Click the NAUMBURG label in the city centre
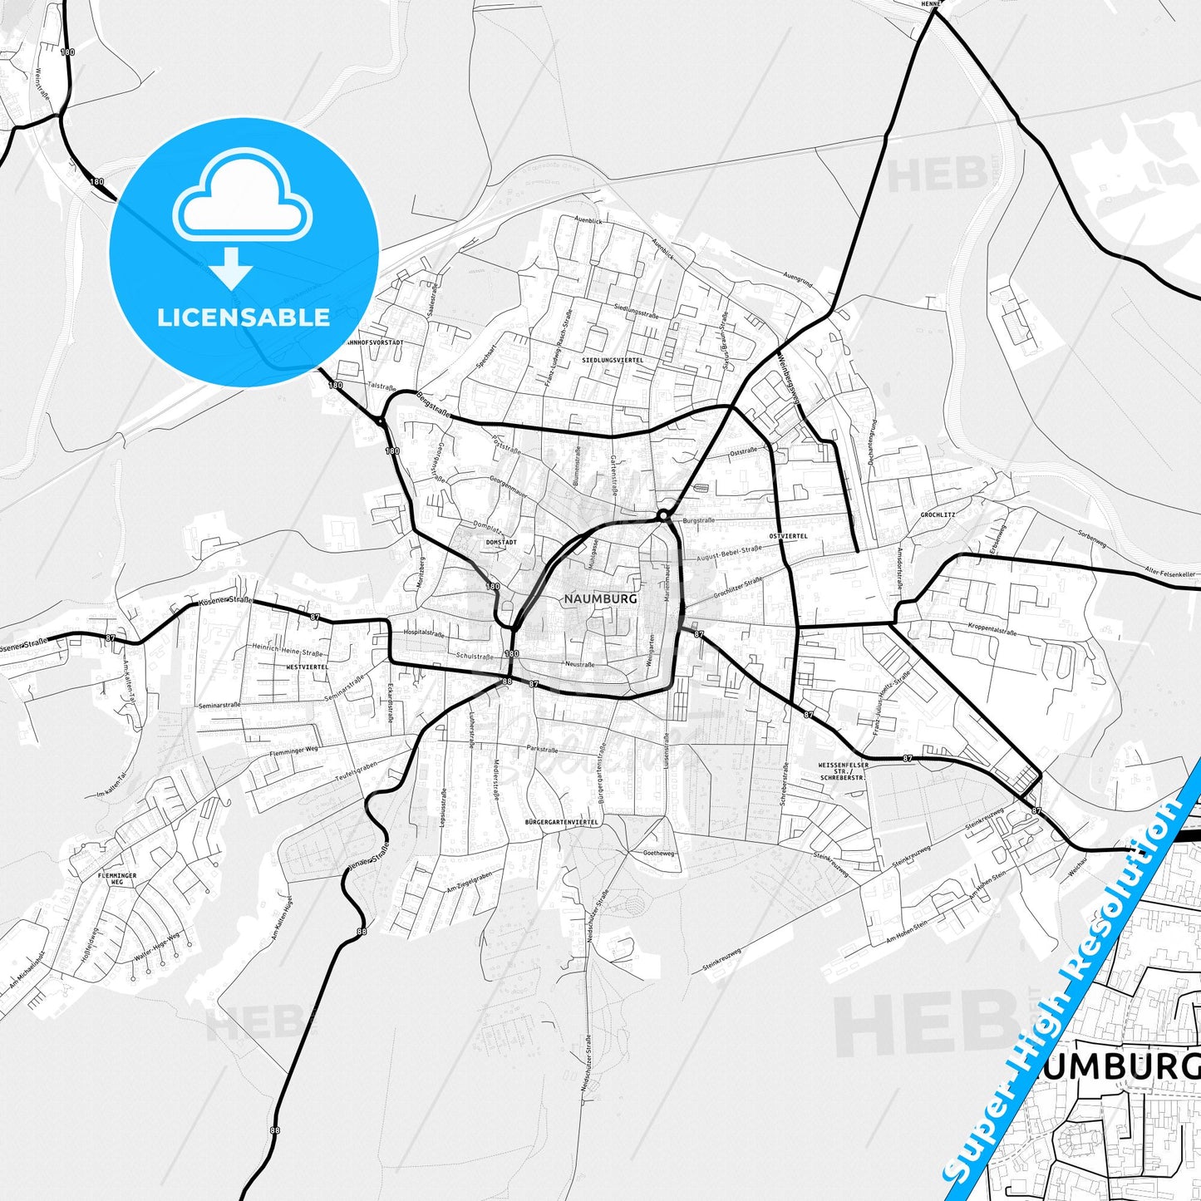pyautogui.click(x=600, y=598)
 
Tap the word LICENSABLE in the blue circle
pyautogui.click(x=244, y=317)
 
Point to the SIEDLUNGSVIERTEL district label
pyautogui.click(x=613, y=360)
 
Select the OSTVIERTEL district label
pyautogui.click(x=788, y=536)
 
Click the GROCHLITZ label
pyautogui.click(x=938, y=514)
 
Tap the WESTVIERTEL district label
pyautogui.click(x=307, y=667)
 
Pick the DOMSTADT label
pyautogui.click(x=500, y=542)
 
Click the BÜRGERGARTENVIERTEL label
pyautogui.click(x=562, y=821)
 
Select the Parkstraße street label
pyautogui.click(x=542, y=749)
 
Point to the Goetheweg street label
pyautogui.click(x=659, y=853)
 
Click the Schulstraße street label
pyautogui.click(x=475, y=656)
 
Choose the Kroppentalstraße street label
pyautogui.click(x=992, y=629)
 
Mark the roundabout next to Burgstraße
pyautogui.click(x=662, y=516)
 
